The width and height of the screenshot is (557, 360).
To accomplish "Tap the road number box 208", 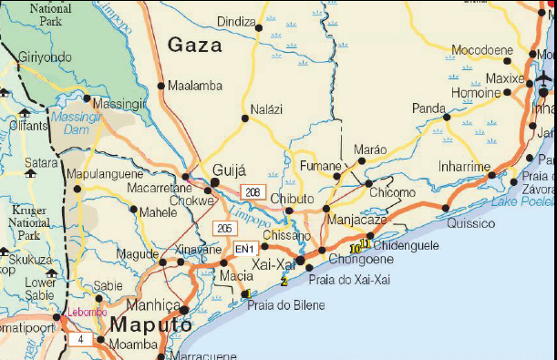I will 253,191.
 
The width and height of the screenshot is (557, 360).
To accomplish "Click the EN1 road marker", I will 244,249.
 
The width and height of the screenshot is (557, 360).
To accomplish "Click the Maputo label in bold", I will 150,324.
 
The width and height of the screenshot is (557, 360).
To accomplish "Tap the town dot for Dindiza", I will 258,28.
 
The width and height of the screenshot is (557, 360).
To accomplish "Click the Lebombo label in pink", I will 87,313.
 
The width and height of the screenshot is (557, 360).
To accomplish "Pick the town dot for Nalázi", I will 244,118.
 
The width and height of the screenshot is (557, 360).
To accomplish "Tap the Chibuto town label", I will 293,198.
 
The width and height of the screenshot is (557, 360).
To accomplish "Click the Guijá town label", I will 230,170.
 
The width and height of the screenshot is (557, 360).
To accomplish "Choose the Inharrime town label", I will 464,167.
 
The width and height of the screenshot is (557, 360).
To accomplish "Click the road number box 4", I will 79,339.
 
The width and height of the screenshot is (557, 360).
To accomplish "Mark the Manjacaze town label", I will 356,220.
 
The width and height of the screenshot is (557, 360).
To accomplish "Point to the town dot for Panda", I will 447,117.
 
